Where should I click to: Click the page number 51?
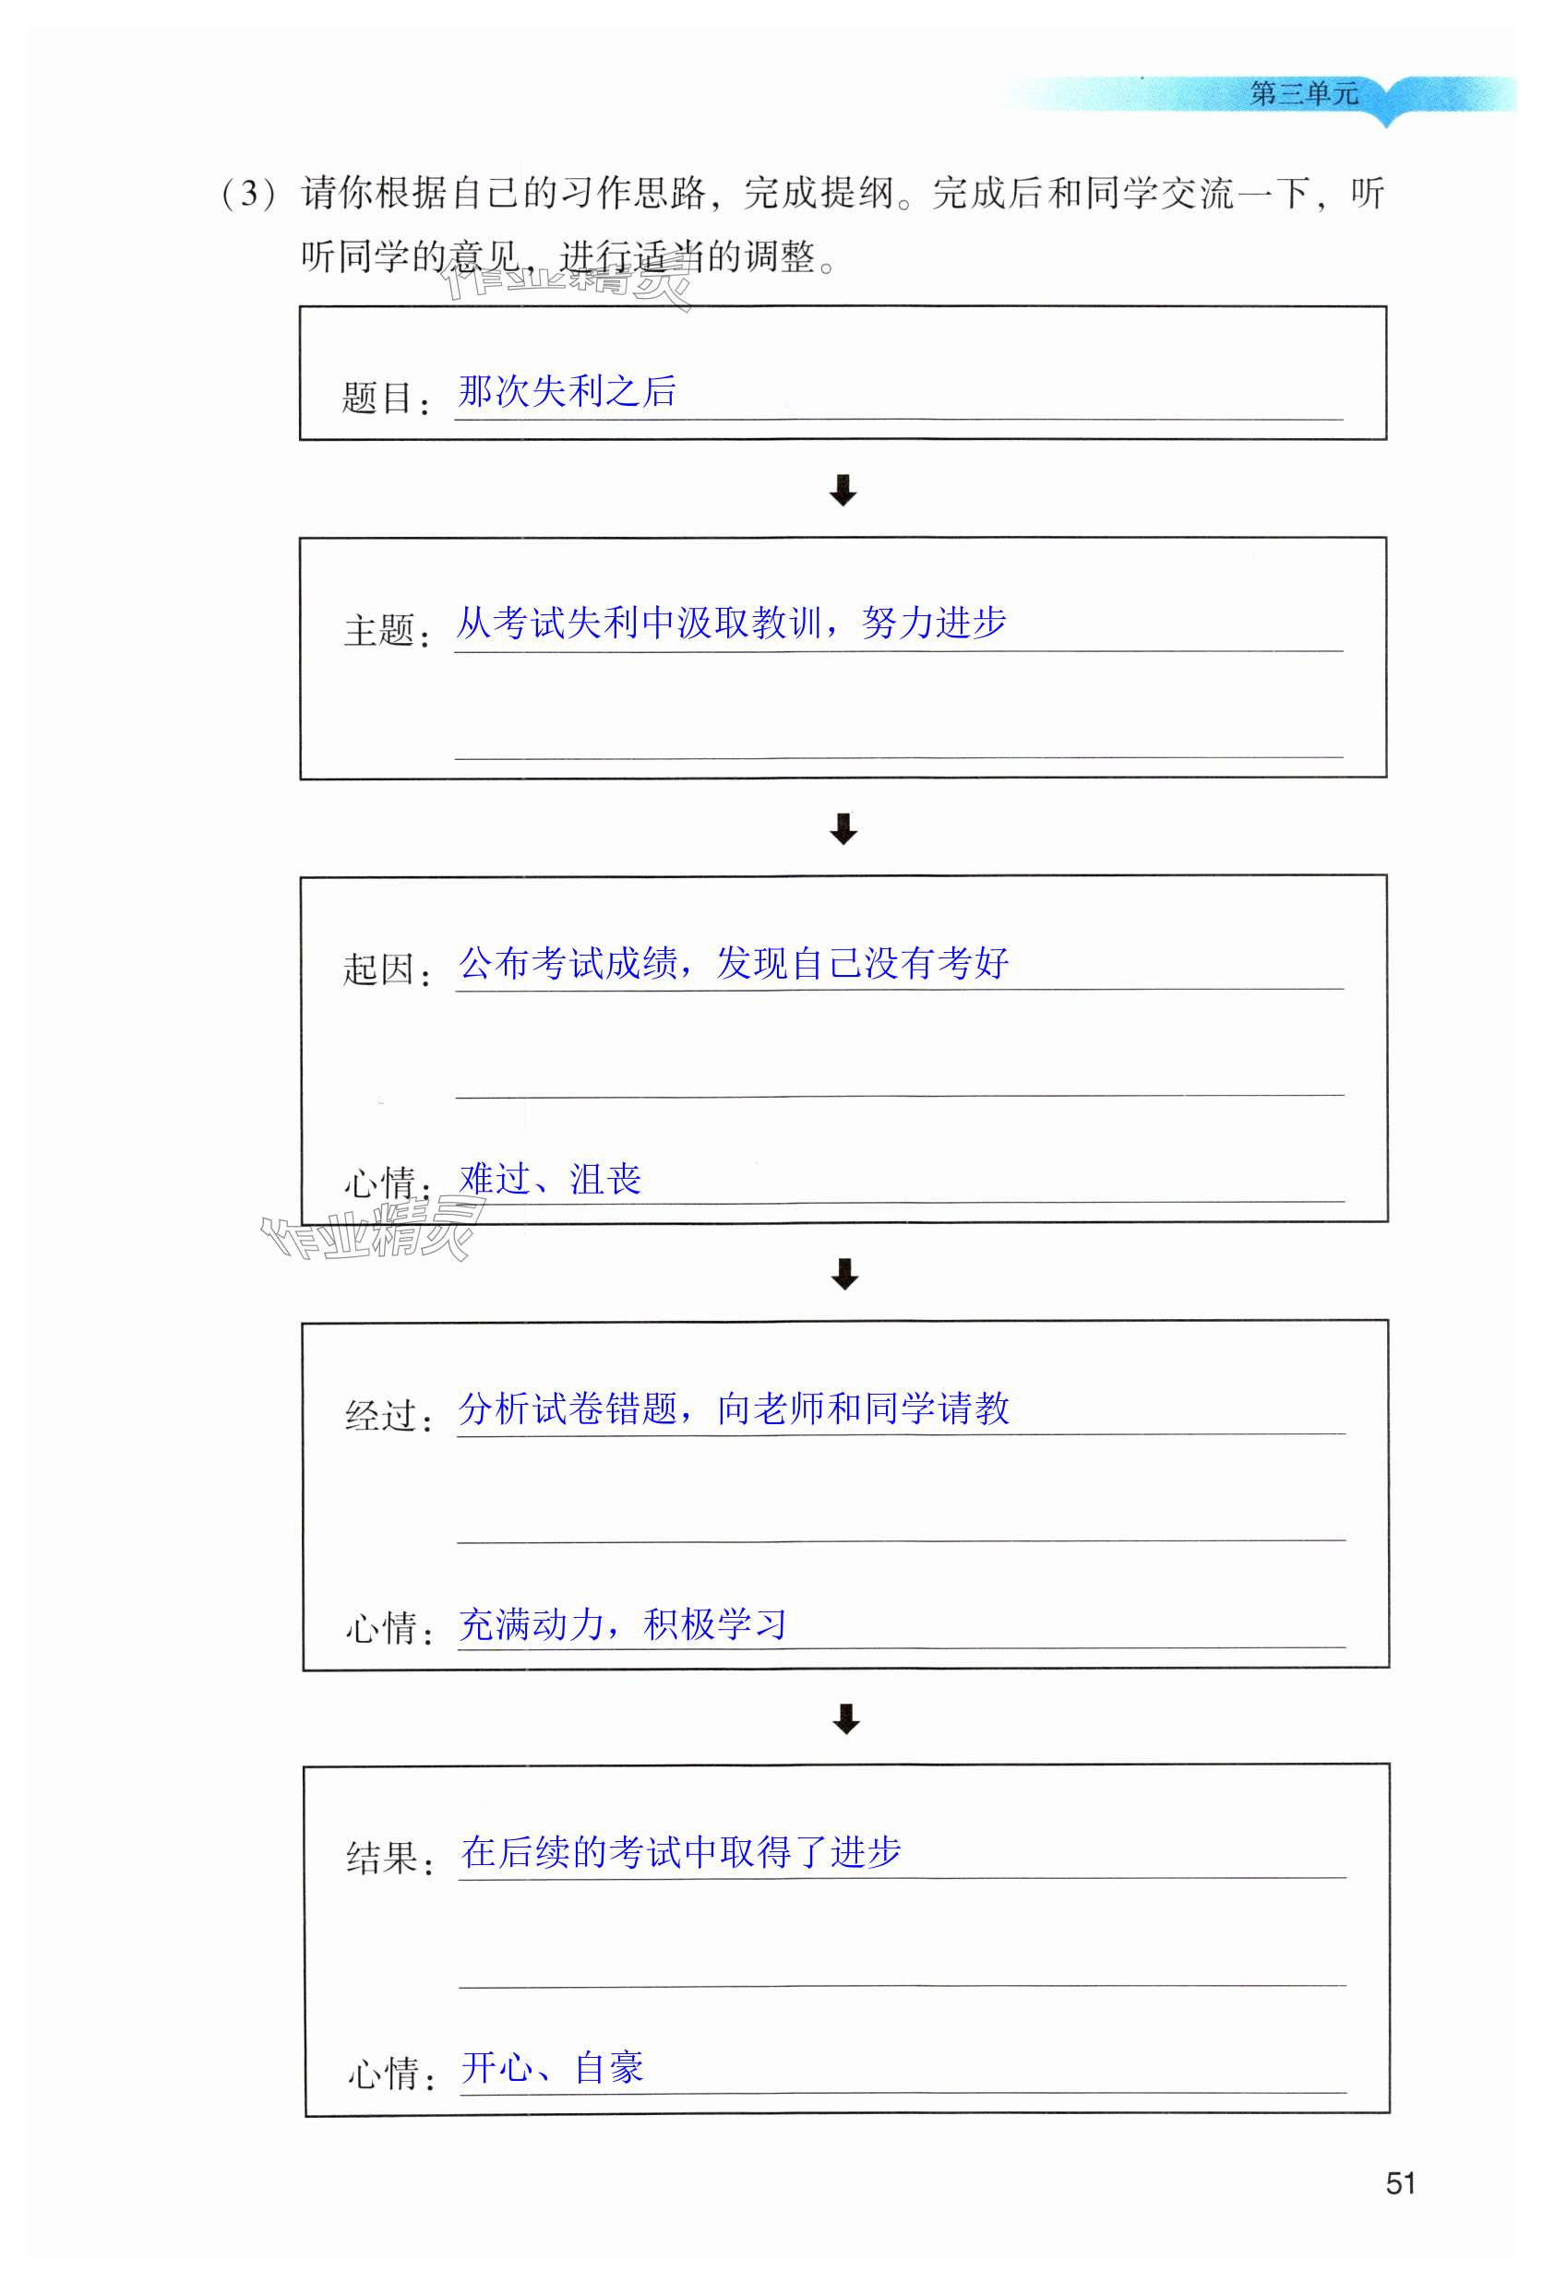coord(1400,2181)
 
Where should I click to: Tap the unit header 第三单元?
coord(1303,94)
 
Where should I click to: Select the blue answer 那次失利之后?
coord(567,391)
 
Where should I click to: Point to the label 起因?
coord(379,969)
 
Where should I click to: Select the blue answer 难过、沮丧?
coord(549,1178)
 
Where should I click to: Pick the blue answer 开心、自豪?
coord(552,2067)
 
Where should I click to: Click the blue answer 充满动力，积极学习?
coord(623,1624)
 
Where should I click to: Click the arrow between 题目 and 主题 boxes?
coord(843,489)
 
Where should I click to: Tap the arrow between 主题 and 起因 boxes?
coord(843,827)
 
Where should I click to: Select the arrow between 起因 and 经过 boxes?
coord(843,1274)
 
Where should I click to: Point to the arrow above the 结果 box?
coord(845,1718)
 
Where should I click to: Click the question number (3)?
coord(247,193)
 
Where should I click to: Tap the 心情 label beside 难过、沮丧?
coord(379,1183)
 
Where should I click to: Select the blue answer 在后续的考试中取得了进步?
coord(681,1852)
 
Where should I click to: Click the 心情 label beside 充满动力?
coord(381,1628)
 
